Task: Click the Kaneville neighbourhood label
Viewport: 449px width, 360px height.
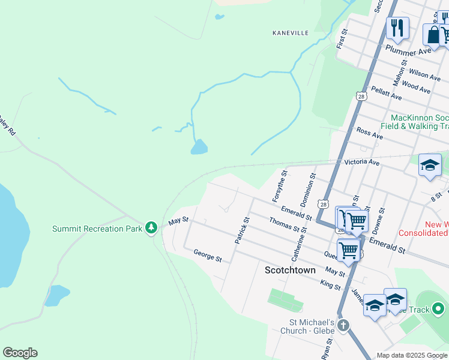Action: coord(290,32)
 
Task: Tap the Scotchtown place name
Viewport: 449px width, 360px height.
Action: coord(290,271)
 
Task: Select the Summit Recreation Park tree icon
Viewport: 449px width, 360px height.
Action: coord(152,228)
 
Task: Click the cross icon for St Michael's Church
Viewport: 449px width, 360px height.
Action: coord(343,326)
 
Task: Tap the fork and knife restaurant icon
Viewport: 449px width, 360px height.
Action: coord(397,28)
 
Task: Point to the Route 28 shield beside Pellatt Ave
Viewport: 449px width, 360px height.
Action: coord(361,96)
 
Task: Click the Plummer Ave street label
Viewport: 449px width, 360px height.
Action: coord(409,50)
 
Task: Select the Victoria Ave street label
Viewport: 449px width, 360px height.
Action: coord(362,163)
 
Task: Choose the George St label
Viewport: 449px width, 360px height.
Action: coord(208,256)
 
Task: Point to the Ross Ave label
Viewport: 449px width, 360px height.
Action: coord(369,133)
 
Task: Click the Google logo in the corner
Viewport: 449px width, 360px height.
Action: coord(20,353)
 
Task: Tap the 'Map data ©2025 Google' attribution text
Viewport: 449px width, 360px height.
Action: coord(411,355)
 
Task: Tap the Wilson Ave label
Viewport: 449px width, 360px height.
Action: coord(425,74)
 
